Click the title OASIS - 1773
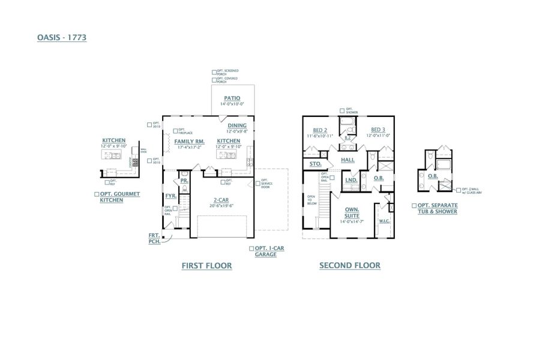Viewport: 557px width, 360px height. pos(62,37)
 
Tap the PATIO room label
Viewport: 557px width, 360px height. pos(232,98)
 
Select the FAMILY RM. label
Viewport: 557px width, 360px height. pos(190,142)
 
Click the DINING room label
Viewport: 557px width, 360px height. pos(236,125)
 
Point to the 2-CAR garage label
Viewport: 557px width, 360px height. pos(222,200)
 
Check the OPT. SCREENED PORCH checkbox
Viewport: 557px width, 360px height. pos(214,71)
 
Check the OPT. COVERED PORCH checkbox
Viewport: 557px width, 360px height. pos(214,79)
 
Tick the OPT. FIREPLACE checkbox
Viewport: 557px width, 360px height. pos(175,130)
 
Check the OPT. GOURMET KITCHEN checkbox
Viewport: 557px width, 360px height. pos(97,194)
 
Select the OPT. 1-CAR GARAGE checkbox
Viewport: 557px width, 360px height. pos(251,248)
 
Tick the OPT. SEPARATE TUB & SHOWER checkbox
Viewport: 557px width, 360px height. pos(414,205)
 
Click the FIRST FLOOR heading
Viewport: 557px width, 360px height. pos(206,265)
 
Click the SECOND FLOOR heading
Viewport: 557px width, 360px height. pos(349,265)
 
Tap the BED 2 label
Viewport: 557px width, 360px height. pos(320,130)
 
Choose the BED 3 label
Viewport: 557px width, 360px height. pos(378,130)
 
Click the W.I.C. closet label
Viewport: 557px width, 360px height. pos(384,221)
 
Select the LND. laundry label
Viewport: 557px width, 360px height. pos(351,179)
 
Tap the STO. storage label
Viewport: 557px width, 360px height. pos(315,164)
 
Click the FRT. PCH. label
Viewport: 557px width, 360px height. pos(154,238)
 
